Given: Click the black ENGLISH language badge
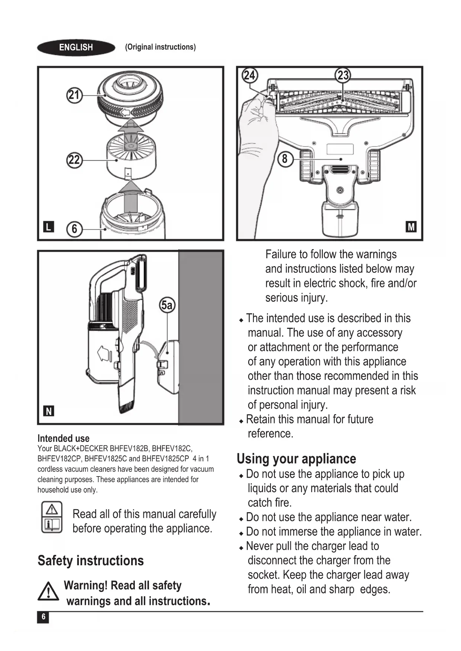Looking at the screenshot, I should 76,48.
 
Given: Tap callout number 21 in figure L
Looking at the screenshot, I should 74,95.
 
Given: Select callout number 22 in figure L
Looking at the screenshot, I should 74,160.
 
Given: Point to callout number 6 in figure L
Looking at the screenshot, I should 74,229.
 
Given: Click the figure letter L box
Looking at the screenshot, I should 48,226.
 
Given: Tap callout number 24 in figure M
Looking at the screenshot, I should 249,76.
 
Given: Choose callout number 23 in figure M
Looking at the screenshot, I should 342,76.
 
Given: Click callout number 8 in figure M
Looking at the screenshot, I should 285,159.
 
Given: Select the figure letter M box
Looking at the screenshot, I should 411,226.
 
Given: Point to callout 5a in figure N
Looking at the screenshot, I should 167,305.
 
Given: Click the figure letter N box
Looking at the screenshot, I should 49,411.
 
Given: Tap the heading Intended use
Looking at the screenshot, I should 63,438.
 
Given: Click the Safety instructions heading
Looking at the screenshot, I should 91,560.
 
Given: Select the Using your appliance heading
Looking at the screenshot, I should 296,459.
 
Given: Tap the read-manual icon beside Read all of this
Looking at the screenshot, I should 52,517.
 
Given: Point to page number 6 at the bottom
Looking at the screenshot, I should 43,617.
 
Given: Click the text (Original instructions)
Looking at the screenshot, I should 160,47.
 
